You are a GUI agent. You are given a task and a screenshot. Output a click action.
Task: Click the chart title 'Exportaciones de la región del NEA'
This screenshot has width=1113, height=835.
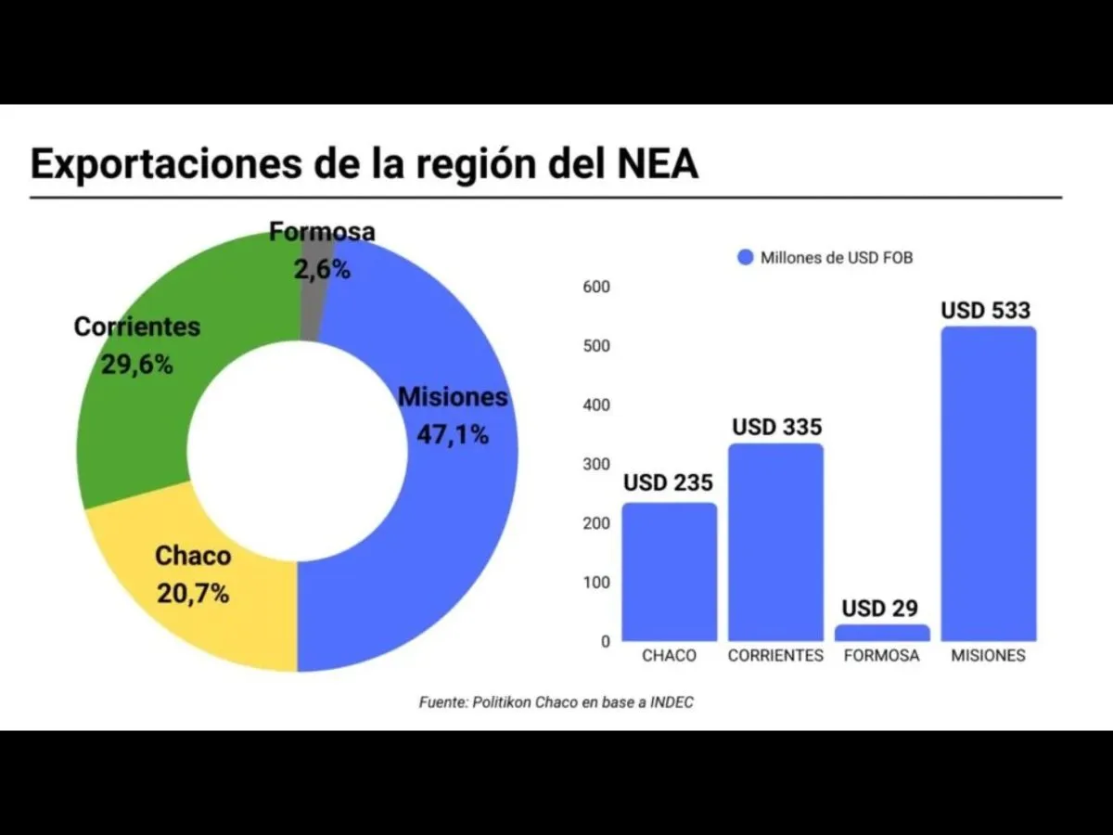364,163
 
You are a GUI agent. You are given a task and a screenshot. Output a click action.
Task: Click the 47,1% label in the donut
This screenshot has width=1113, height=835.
453,433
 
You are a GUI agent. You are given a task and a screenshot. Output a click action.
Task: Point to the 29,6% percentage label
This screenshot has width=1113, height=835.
137,365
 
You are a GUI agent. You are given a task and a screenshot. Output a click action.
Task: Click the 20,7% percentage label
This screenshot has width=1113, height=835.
193,594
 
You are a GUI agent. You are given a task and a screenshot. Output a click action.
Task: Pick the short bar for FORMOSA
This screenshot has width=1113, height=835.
881,633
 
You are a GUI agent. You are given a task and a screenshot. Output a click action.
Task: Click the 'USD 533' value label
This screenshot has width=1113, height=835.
986,310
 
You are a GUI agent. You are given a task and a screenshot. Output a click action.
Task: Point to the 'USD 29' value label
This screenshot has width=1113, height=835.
880,609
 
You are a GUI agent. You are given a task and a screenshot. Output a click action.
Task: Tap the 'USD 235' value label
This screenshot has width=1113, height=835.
668,482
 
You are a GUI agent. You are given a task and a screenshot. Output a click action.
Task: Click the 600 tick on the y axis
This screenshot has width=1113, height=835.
596,287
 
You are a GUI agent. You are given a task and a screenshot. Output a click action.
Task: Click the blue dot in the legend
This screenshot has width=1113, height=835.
746,258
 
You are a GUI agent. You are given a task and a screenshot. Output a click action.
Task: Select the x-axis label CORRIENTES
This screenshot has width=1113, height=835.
775,656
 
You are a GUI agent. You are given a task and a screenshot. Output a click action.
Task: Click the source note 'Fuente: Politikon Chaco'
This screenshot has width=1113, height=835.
556,702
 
